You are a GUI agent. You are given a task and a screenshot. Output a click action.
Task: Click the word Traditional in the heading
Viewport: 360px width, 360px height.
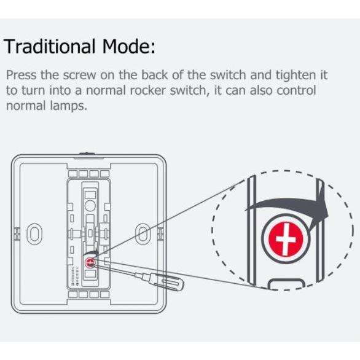(x=49, y=46)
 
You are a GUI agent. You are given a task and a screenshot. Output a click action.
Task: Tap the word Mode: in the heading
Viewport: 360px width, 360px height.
(x=128, y=46)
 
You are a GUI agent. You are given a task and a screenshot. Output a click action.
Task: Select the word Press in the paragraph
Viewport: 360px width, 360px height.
(x=21, y=75)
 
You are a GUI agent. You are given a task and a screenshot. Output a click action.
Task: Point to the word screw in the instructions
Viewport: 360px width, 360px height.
(x=79, y=76)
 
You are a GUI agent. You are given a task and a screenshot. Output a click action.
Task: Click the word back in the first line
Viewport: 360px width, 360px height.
(x=155, y=75)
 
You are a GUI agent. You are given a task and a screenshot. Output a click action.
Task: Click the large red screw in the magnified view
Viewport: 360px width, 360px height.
(x=286, y=238)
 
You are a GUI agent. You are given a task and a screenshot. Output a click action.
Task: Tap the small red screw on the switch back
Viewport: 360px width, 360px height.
(x=90, y=262)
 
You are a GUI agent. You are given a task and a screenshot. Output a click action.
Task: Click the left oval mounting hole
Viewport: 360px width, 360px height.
(x=34, y=234)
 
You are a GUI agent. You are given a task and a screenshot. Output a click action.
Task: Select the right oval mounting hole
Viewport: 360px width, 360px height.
(x=143, y=234)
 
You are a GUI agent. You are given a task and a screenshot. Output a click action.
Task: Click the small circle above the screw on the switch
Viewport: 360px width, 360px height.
(x=90, y=205)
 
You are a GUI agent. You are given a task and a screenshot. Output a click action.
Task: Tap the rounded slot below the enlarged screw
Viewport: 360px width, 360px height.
(x=286, y=284)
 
